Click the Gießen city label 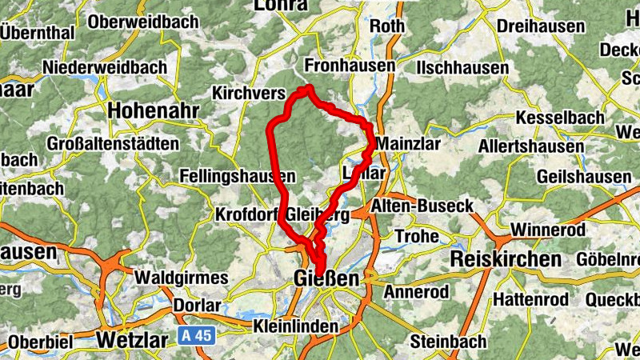click(x=323, y=279)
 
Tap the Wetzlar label click(x=132, y=339)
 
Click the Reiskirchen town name click(x=506, y=259)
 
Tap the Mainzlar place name click(x=407, y=144)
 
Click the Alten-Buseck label click(x=423, y=206)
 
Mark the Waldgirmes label click(x=182, y=277)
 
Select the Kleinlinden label click(x=295, y=326)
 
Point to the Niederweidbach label click(x=106, y=67)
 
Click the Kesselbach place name click(x=561, y=118)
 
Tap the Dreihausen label click(x=540, y=26)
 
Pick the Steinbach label click(x=448, y=342)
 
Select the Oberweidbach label click(x=143, y=22)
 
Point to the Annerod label click(x=416, y=292)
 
